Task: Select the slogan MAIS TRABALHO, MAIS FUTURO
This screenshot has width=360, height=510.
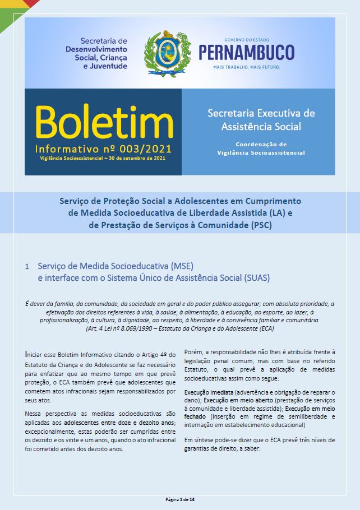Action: (246, 67)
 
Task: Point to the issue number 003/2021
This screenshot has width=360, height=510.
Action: (145, 150)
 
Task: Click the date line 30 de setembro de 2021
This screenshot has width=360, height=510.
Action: (132, 159)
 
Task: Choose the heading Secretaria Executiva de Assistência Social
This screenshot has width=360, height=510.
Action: (261, 119)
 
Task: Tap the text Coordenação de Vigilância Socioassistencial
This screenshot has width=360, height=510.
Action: (261, 148)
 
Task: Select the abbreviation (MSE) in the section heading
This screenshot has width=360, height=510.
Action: (182, 266)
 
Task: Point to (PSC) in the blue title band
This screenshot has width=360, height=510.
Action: (260, 225)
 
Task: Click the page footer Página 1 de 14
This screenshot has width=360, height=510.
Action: (180, 499)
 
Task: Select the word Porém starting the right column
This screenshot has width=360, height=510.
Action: (193, 351)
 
